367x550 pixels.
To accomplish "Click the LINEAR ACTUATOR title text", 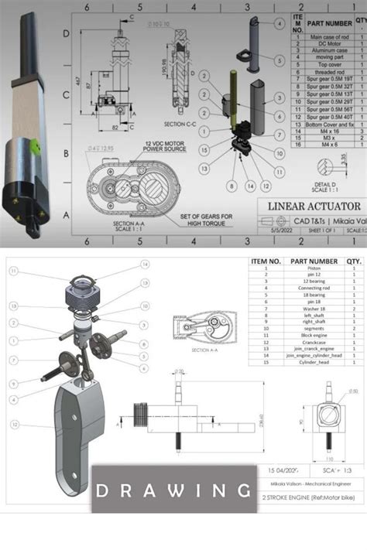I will (x=314, y=206).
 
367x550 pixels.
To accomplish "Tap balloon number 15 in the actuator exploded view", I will (x=203, y=150).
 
